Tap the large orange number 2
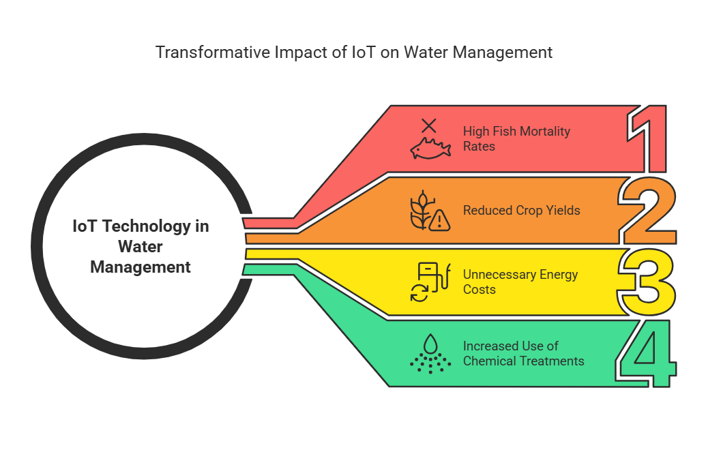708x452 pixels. click(647, 210)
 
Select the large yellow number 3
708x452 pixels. click(647, 282)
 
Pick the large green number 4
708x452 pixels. click(647, 353)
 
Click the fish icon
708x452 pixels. click(430, 149)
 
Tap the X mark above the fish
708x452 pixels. click(429, 125)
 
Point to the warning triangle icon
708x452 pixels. click(439, 221)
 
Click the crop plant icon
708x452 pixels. click(422, 210)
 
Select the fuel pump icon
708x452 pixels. click(434, 277)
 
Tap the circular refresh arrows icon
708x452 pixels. click(419, 293)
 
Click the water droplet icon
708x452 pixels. click(431, 344)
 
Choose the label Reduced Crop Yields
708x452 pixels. click(522, 210)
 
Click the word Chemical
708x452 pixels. click(490, 361)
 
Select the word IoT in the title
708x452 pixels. click(364, 52)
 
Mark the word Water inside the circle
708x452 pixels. click(141, 247)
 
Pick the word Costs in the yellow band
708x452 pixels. click(480, 289)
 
